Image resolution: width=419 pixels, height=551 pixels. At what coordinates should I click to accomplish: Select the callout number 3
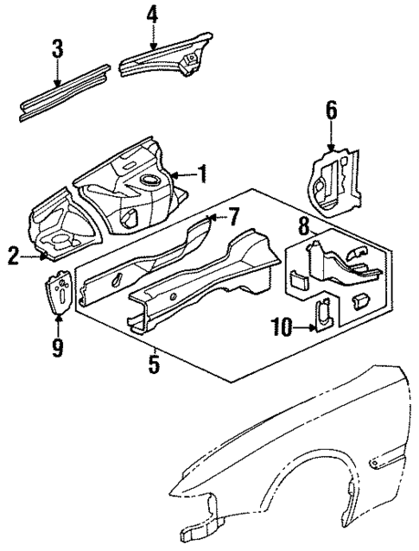[57, 48]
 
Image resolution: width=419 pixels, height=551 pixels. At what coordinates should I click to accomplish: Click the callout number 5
[153, 364]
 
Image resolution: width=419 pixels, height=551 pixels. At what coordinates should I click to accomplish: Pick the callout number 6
[331, 111]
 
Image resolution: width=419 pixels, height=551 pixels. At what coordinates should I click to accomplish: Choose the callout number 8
[302, 228]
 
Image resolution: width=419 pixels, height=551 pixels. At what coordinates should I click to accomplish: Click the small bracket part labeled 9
[60, 294]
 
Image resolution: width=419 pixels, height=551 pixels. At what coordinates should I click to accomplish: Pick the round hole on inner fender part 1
[151, 181]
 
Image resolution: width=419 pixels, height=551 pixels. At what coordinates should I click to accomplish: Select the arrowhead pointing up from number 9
[58, 321]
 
